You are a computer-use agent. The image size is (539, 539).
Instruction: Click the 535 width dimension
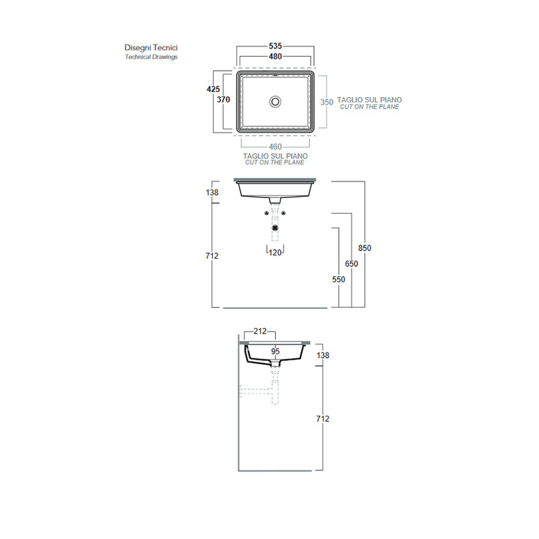click(276, 46)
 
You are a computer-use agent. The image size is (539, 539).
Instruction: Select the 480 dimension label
click(276, 57)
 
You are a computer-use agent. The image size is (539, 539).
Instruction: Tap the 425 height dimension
click(213, 89)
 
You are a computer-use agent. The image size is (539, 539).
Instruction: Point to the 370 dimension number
click(224, 99)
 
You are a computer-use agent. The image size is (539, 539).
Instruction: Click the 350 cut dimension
click(327, 102)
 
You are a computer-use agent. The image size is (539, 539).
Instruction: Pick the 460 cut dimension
click(276, 147)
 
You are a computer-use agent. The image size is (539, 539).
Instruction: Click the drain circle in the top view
click(275, 102)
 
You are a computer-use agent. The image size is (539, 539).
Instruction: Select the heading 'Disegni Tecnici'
click(151, 47)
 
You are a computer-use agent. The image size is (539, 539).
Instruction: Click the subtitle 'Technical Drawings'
click(151, 57)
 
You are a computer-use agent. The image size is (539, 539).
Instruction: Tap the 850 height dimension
click(364, 248)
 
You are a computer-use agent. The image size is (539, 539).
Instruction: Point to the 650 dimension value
click(351, 263)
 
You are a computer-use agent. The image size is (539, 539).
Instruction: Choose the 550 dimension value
click(339, 280)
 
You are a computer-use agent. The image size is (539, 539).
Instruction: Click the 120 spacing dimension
click(275, 253)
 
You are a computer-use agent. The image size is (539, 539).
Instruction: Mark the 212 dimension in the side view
click(260, 331)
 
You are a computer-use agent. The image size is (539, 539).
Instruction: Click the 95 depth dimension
click(276, 351)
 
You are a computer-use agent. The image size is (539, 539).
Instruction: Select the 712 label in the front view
click(212, 256)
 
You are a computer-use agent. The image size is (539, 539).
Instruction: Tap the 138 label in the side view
click(323, 355)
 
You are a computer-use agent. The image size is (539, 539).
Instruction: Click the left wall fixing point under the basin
click(266, 213)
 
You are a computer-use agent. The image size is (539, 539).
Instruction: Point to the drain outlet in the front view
click(275, 228)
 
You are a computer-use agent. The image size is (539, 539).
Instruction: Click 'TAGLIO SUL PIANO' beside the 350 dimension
click(369, 100)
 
